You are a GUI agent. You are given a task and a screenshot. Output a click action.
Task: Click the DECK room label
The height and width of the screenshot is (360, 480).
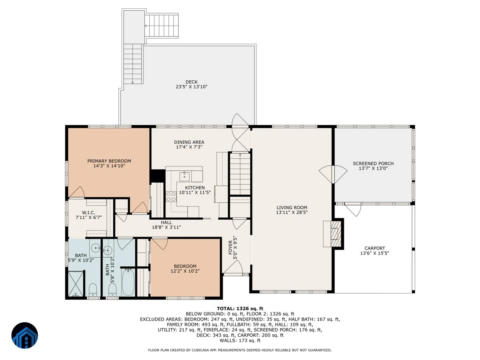[x=192, y=82]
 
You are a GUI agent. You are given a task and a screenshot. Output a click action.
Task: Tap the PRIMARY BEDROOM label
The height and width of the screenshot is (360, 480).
[x=109, y=161]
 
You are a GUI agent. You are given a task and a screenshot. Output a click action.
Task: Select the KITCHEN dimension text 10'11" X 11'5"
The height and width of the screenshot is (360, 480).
[x=195, y=192]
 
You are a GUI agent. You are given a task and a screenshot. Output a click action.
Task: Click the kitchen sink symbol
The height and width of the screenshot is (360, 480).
[x=184, y=176]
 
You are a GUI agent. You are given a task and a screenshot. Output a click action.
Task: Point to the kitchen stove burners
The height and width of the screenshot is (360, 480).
[x=171, y=196]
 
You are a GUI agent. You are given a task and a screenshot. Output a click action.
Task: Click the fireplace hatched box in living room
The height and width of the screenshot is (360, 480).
[x=336, y=234]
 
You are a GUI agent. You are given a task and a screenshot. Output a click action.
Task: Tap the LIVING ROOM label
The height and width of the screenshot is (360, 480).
[x=292, y=208]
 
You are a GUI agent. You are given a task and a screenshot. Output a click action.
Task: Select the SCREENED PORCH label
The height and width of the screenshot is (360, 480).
[x=373, y=163]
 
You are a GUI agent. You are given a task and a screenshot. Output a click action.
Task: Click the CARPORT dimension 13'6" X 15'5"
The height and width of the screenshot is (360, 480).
[x=374, y=253]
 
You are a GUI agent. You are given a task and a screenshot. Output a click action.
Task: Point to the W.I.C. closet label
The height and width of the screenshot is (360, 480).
[x=88, y=212]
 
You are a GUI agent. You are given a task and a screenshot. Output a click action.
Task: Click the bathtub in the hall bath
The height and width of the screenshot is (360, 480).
[x=128, y=282]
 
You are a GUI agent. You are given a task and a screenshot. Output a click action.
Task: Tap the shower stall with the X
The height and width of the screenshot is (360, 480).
[x=76, y=284]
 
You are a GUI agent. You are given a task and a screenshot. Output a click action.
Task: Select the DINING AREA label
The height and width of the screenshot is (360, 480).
[x=189, y=142]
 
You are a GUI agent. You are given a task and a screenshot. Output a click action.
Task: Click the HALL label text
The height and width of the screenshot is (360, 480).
[x=166, y=222]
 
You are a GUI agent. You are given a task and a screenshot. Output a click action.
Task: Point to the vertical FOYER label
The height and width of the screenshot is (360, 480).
[x=230, y=248]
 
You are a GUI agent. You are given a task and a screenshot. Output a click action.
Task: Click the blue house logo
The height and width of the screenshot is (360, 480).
[x=25, y=335]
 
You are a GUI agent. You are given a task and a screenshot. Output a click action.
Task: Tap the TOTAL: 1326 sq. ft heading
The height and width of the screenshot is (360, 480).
[x=240, y=308]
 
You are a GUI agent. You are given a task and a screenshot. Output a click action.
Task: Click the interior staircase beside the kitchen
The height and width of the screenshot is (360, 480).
[x=240, y=174]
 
